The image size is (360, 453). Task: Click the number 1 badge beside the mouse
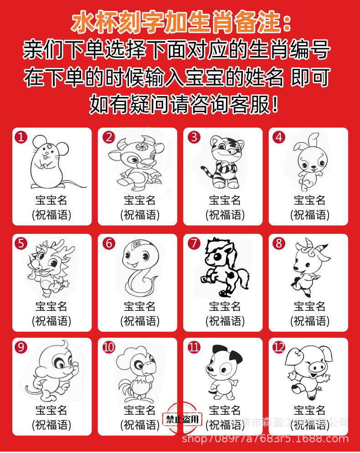(21, 137)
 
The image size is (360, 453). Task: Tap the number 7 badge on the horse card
(194, 243)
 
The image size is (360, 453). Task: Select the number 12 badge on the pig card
(278, 348)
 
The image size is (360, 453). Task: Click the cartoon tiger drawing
(221, 161)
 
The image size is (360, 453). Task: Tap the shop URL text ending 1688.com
(265, 440)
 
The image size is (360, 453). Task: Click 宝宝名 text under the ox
(140, 200)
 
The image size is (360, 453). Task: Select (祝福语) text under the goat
(309, 321)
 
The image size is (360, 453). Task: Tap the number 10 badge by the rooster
(108, 348)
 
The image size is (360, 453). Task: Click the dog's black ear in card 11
(236, 355)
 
